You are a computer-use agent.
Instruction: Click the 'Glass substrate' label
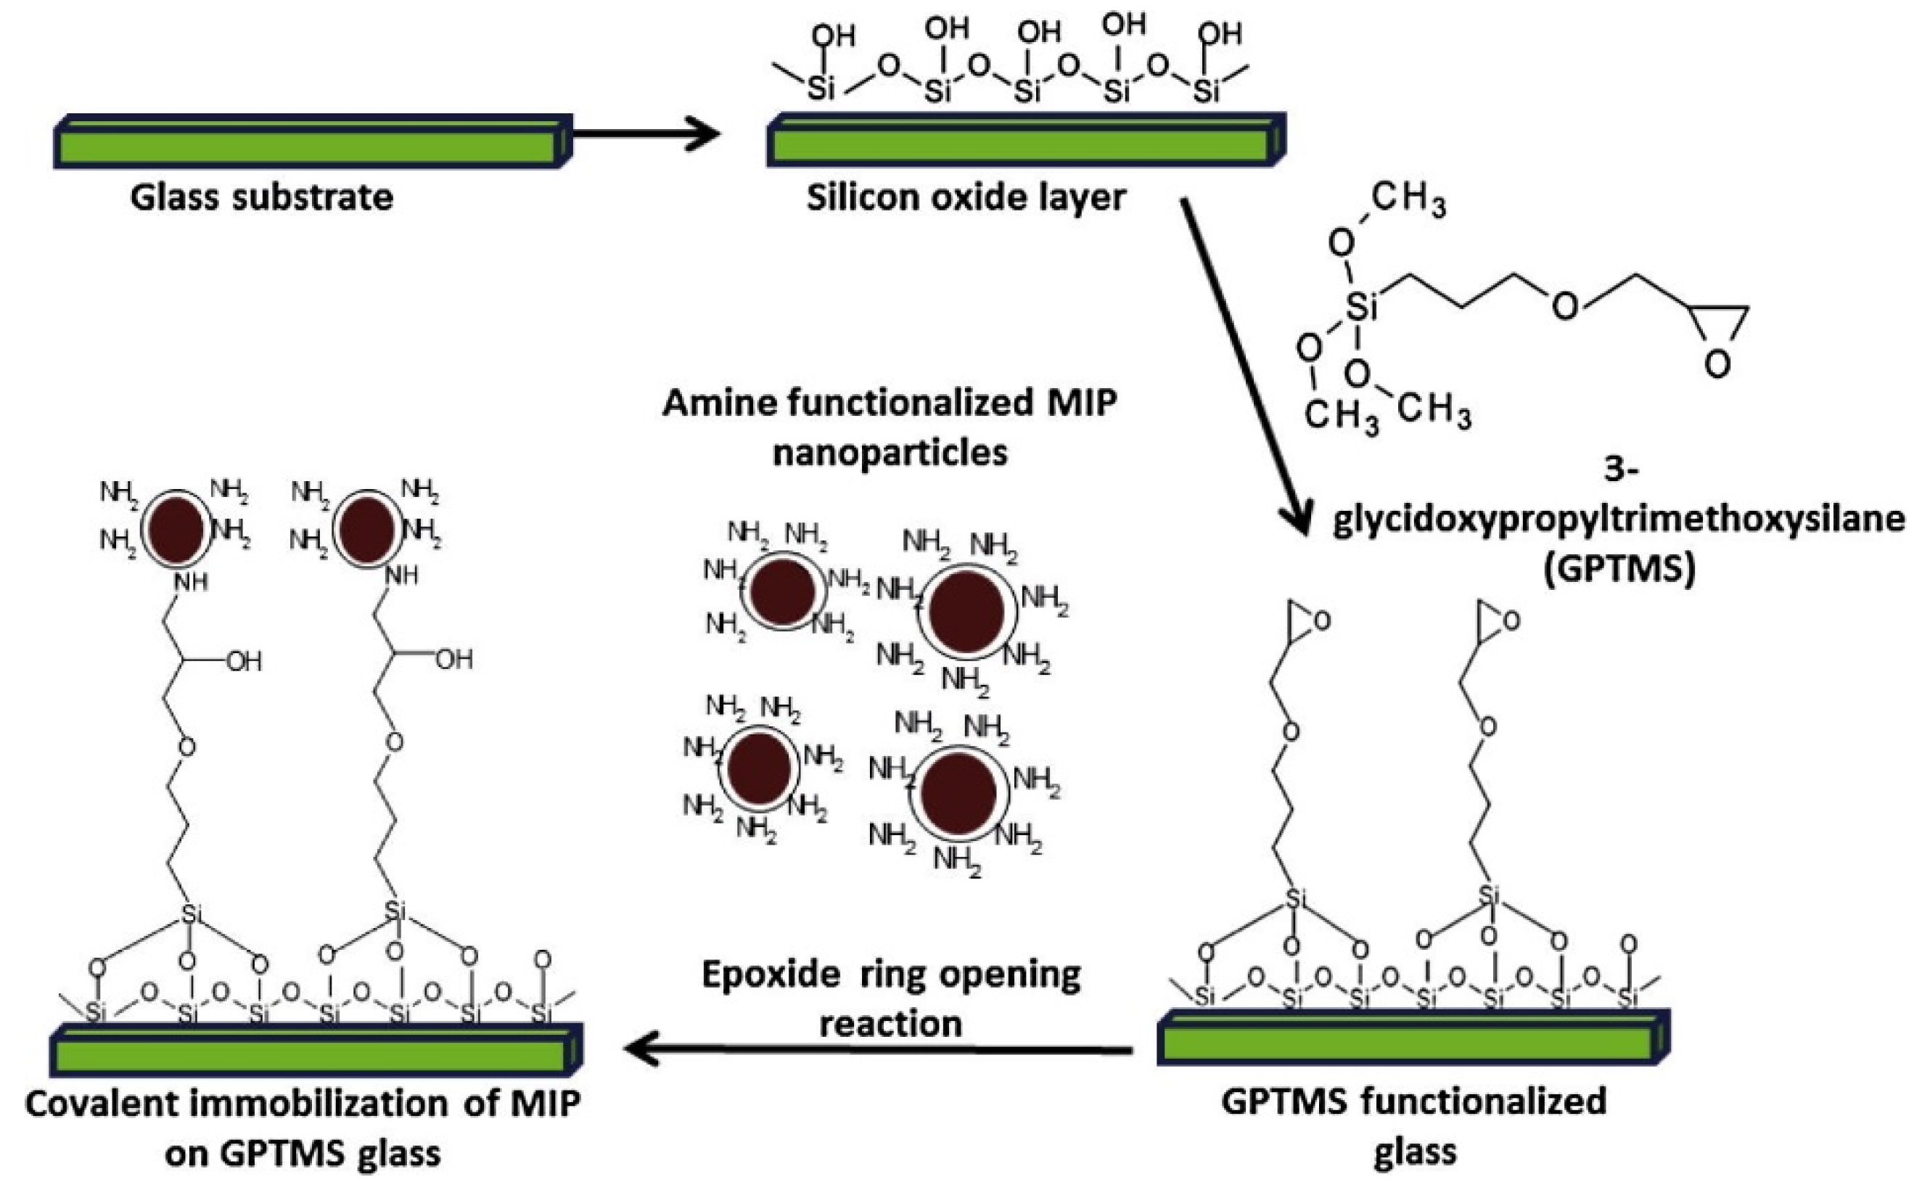(x=261, y=197)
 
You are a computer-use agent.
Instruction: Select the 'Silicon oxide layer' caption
(x=966, y=197)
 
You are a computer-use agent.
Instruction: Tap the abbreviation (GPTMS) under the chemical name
(x=1619, y=569)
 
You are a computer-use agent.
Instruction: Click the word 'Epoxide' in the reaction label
(x=770, y=975)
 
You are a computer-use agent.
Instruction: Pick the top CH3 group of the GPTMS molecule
(x=1407, y=198)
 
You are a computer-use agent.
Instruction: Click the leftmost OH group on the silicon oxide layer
(x=834, y=36)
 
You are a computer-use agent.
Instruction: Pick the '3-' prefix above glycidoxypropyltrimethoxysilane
(x=1620, y=470)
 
